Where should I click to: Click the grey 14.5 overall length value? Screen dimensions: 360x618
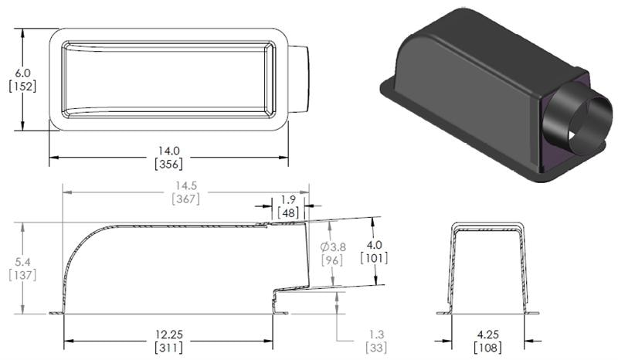click(185, 185)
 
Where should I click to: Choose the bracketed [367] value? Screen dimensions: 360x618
click(185, 199)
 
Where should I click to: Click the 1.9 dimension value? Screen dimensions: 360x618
click(288, 200)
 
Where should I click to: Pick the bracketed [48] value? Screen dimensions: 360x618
click(288, 212)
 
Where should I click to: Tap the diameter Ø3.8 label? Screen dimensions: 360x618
click(333, 246)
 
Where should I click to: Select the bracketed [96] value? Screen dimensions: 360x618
click(333, 260)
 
